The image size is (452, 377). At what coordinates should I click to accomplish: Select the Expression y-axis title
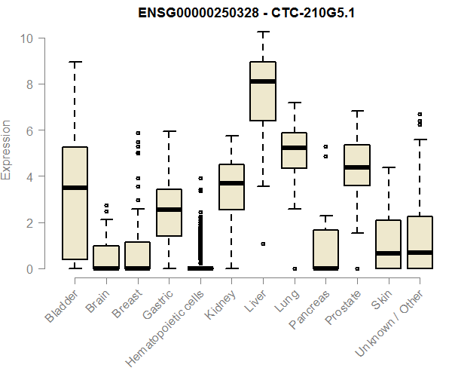pos(7,150)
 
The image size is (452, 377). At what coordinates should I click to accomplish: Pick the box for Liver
pos(263,90)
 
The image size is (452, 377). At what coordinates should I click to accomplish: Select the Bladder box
pos(75,203)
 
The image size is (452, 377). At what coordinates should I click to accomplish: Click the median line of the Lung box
pos(294,148)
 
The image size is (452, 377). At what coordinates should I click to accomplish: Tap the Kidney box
pos(231,186)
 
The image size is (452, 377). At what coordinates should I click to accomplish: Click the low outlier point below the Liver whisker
pos(263,244)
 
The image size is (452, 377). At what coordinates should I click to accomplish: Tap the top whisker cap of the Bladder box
pos(75,62)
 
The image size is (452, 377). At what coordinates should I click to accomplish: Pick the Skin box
pos(389,244)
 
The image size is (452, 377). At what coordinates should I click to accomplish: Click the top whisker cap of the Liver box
pos(263,32)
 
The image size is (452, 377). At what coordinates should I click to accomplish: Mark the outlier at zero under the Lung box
pos(294,268)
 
